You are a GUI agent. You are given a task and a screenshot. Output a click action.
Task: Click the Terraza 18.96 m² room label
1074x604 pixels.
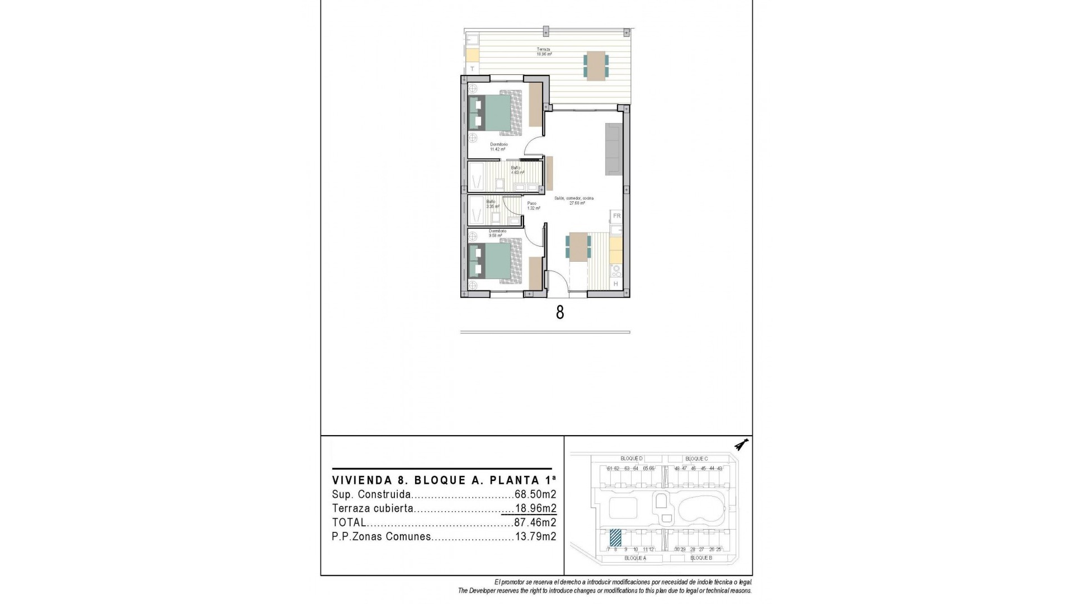(544, 52)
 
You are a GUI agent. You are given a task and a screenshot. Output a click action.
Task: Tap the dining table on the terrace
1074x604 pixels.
(596, 65)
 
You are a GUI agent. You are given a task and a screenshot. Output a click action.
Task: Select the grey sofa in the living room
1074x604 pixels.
(613, 148)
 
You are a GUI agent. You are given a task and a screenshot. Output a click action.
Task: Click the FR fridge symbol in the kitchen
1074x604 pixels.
(616, 216)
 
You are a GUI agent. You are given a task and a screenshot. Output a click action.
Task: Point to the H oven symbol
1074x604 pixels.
(616, 284)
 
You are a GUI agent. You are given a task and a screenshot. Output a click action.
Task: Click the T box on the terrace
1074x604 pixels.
(472, 69)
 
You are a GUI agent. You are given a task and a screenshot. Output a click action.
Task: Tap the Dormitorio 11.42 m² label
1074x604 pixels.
(498, 147)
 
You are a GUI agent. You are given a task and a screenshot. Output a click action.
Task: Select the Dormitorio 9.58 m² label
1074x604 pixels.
(497, 233)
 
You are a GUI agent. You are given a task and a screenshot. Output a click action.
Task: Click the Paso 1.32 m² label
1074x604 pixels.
(532, 206)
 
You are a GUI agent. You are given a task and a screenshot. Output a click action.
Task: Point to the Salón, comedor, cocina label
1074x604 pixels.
(574, 201)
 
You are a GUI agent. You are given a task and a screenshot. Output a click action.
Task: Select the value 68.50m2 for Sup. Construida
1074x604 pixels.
(535, 494)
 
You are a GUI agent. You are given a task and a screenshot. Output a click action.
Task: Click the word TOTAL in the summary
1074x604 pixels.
(349, 523)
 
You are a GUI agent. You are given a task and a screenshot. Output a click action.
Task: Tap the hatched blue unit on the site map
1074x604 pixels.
(615, 537)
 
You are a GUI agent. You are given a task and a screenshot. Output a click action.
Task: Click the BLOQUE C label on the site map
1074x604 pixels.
(696, 459)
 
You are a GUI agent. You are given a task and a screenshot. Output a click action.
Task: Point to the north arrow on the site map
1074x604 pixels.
(742, 445)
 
